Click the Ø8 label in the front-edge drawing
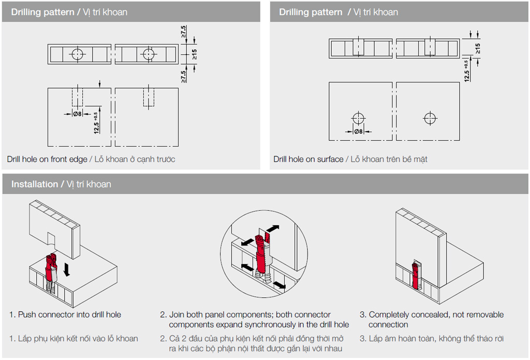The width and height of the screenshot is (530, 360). [x=77, y=114]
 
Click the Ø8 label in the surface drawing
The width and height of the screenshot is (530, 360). [x=358, y=131]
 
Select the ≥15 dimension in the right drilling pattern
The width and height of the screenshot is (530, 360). [x=477, y=48]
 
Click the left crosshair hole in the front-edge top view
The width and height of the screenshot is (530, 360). [x=77, y=53]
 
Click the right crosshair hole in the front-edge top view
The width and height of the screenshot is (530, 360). [x=149, y=53]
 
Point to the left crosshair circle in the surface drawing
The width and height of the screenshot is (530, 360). [x=359, y=118]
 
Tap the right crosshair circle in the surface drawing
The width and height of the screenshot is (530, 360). [x=430, y=118]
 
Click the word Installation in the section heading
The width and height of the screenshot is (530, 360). [x=34, y=184]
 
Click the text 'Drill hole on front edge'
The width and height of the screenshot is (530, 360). [x=47, y=159]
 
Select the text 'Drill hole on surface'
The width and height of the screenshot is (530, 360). [x=308, y=159]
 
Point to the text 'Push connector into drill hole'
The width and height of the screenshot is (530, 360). [x=69, y=314]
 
